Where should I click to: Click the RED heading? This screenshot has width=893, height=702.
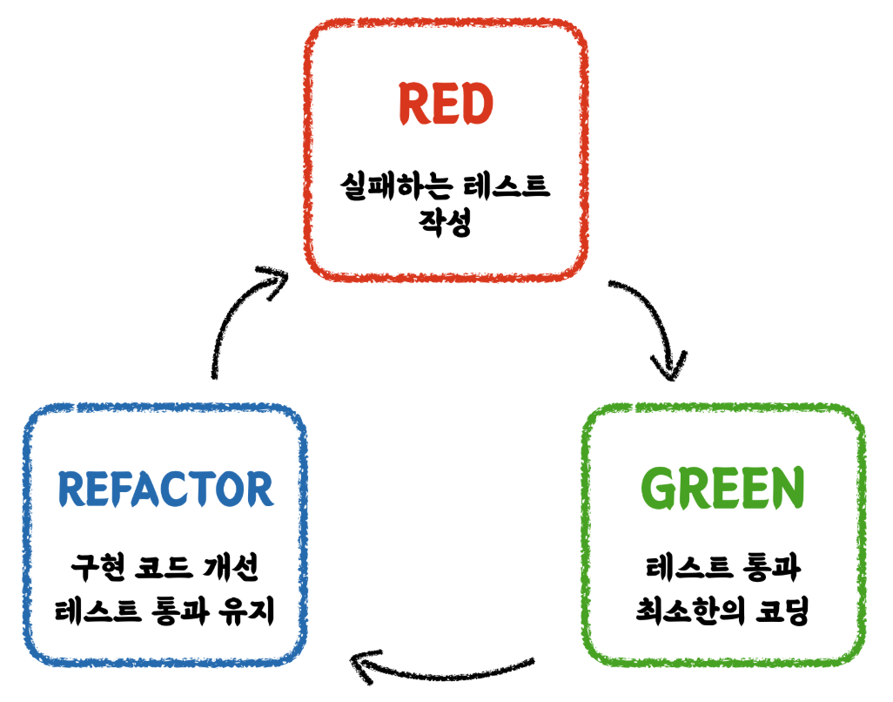pyautogui.click(x=446, y=105)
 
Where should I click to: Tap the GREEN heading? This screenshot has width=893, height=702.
pyautogui.click(x=722, y=490)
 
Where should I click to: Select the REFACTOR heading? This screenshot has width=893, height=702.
pyautogui.click(x=165, y=489)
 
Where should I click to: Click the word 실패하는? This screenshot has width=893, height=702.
pyautogui.click(x=398, y=186)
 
